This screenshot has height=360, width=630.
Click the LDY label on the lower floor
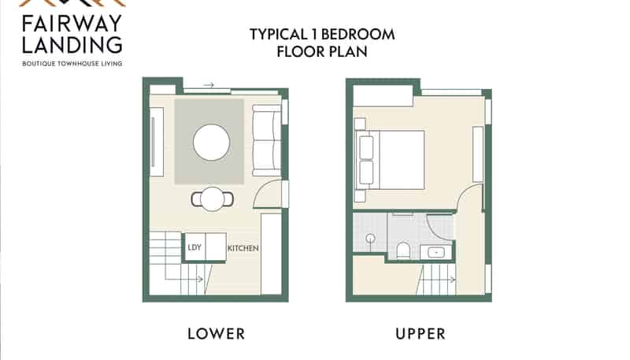tap(195, 247)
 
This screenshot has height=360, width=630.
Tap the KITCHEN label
tap(243, 248)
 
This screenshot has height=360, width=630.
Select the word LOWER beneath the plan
tap(216, 334)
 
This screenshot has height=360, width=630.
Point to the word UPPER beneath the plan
tap(421, 334)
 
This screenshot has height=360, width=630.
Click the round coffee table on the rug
tap(211, 143)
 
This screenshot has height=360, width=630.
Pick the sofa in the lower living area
tap(266, 140)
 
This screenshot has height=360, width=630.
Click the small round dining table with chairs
tap(212, 199)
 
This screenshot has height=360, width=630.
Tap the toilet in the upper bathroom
tap(402, 250)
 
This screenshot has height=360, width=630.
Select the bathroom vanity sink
tap(436, 252)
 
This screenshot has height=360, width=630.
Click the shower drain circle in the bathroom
tap(370, 238)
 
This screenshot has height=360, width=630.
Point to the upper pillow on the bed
tap(366, 147)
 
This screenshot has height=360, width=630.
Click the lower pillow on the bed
tap(366, 173)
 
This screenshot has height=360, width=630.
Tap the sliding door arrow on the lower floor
tap(209, 85)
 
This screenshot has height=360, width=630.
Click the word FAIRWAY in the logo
tap(72, 24)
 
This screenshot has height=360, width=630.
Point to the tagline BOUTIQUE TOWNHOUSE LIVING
tap(72, 64)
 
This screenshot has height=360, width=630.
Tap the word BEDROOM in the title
tap(358, 35)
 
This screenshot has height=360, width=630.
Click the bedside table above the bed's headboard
tap(360, 124)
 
